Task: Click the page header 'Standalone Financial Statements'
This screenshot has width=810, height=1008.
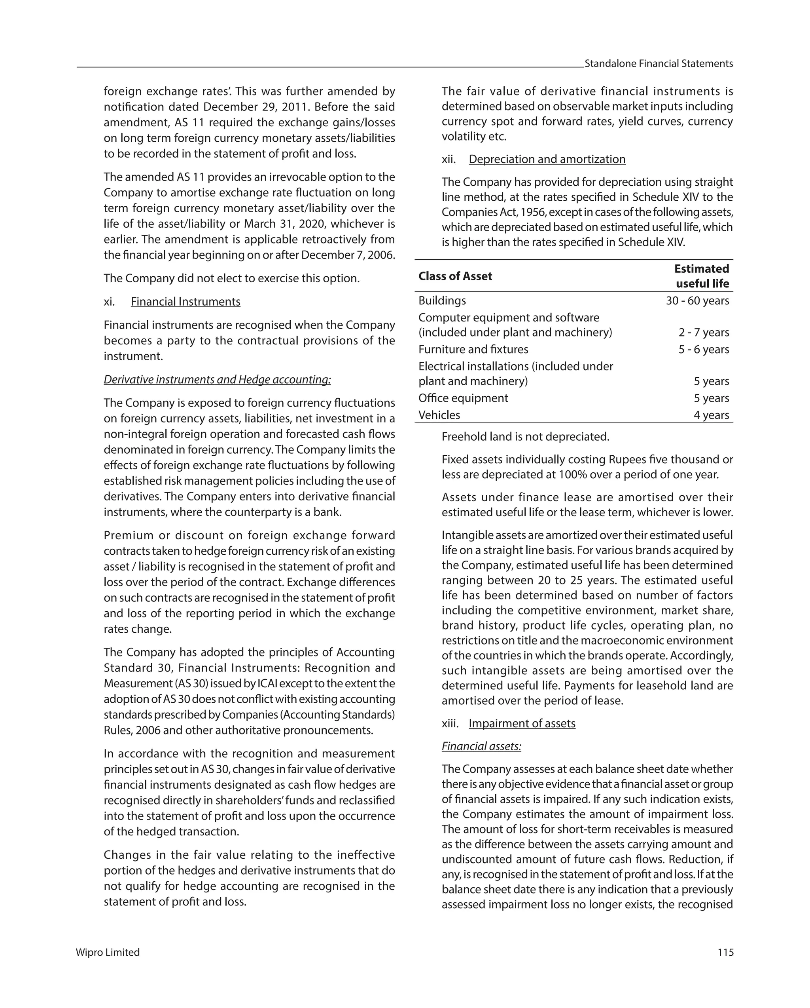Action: click(x=658, y=64)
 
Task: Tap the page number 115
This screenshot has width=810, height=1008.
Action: click(x=725, y=952)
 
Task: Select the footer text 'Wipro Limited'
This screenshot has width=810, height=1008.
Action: click(x=108, y=952)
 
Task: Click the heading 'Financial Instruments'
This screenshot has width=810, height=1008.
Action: click(x=185, y=302)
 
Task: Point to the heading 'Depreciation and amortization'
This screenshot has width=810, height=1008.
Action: click(x=547, y=159)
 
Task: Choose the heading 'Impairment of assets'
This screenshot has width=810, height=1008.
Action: click(x=522, y=723)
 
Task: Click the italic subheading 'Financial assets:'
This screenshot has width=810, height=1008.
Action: click(x=481, y=746)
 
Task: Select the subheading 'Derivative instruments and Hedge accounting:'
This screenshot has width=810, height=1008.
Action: click(x=217, y=379)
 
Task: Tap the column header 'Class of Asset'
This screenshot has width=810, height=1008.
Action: click(x=455, y=276)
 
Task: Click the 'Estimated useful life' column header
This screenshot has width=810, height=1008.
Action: click(x=702, y=276)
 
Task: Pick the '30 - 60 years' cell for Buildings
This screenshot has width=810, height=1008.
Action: click(x=697, y=300)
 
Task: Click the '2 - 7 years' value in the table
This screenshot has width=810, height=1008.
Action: click(x=704, y=333)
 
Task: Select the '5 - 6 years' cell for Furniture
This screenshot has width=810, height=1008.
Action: click(x=704, y=349)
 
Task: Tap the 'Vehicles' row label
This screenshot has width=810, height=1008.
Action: click(x=439, y=415)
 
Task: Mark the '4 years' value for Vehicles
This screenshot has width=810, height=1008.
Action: click(x=711, y=415)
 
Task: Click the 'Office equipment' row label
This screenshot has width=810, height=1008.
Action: click(x=463, y=398)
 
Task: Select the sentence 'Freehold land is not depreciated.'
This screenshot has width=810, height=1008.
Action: click(x=526, y=437)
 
